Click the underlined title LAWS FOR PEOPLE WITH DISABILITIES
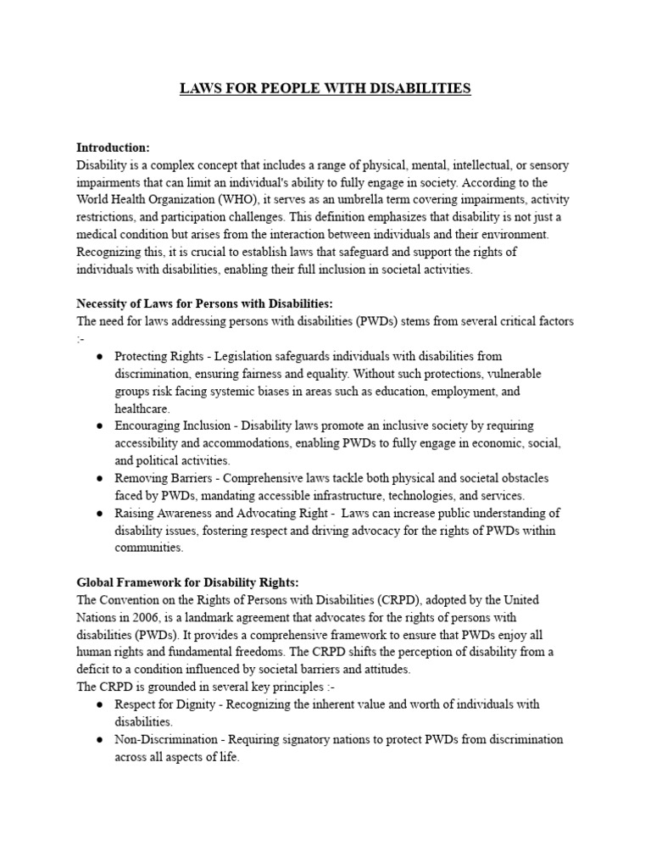tap(325, 88)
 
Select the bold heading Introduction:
tap(113, 147)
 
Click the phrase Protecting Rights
tap(155, 356)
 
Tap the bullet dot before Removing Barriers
tap(99, 478)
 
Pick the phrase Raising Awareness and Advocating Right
tap(220, 513)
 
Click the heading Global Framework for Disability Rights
tap(187, 582)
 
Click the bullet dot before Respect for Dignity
tap(99, 704)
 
